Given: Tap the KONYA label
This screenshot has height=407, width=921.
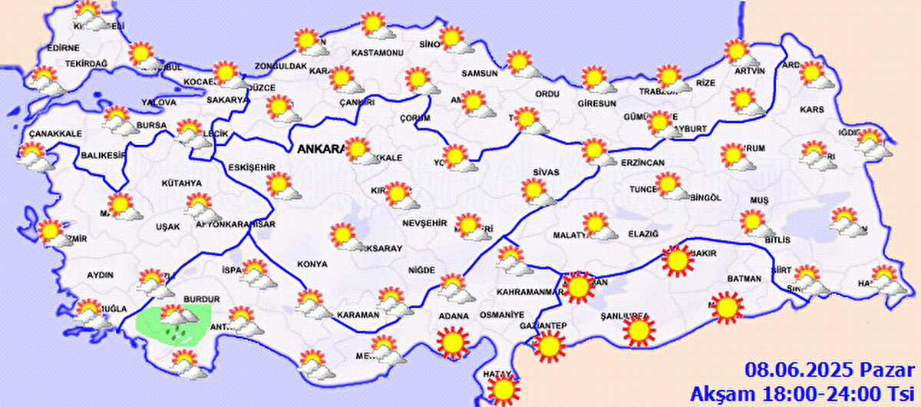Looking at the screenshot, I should click(x=312, y=263).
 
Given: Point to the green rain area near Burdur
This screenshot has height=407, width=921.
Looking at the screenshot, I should click(x=173, y=323).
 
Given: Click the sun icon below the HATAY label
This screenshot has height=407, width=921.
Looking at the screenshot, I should click(x=503, y=390).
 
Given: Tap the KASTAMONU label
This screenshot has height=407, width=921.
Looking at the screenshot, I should click(x=377, y=53).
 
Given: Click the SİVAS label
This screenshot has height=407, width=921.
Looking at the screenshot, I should click(x=546, y=172).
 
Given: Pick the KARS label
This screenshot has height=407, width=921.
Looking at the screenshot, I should click(x=811, y=110).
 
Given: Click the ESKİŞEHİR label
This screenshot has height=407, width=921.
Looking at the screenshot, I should click(x=252, y=167).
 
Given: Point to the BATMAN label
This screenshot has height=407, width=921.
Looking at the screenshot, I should click(x=744, y=279).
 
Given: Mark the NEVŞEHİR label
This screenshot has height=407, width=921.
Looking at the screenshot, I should click(x=424, y=223).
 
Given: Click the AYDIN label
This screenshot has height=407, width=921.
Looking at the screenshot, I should click(x=101, y=274).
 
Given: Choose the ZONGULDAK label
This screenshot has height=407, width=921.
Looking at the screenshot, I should click(x=281, y=67).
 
